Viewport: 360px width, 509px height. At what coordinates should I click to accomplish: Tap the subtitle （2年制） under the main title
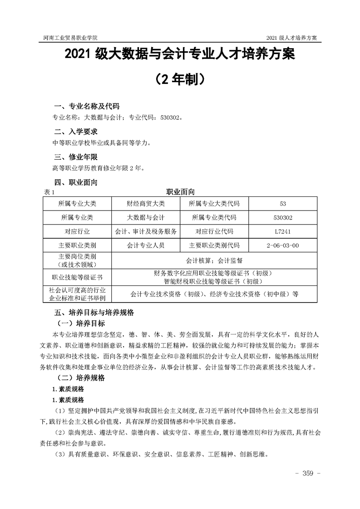(180, 80)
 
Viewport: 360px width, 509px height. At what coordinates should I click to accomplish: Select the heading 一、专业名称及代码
(86, 107)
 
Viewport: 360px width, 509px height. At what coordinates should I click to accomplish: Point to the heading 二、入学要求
(76, 132)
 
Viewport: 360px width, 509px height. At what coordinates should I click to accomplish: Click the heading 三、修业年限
(76, 157)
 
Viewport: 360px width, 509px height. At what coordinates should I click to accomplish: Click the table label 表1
(48, 192)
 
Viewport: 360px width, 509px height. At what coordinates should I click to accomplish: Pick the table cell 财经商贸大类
(146, 203)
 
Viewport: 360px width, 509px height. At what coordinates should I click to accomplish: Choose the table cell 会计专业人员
(146, 245)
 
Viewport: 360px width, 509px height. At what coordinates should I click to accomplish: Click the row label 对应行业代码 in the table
(214, 231)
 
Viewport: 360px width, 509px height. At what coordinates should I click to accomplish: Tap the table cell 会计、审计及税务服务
(146, 231)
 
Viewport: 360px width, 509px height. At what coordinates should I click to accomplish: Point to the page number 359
(308, 474)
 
